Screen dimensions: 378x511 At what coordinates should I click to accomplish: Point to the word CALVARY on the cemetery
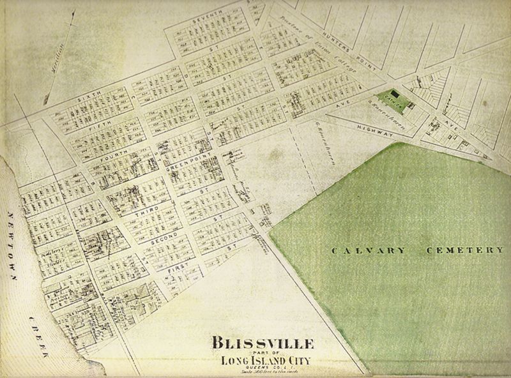coord(368,250)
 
